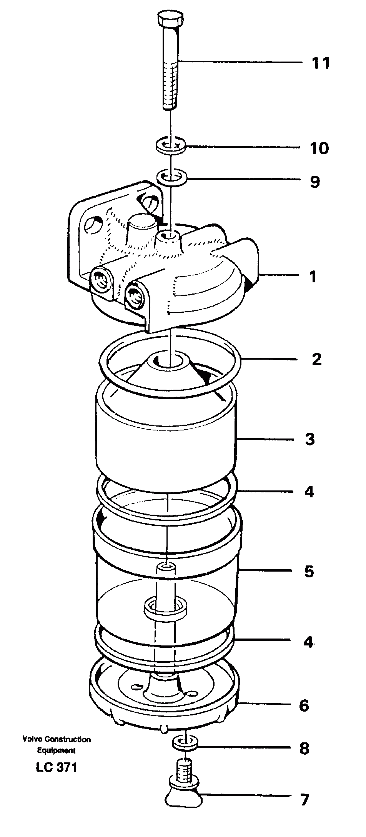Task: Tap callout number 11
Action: point(321,63)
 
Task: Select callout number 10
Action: point(319,148)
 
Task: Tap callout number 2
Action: point(316,360)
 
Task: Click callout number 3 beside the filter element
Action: point(310,439)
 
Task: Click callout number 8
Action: point(304,748)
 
